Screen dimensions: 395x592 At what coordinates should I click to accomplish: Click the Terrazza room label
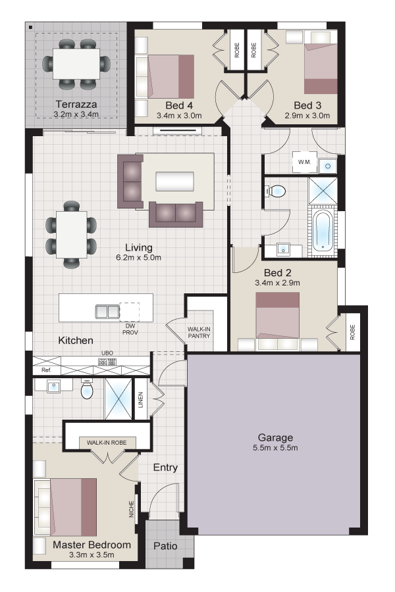click(x=76, y=104)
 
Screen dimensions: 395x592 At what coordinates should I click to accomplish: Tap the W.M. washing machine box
click(x=304, y=162)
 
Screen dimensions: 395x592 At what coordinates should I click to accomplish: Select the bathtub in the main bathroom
click(x=323, y=230)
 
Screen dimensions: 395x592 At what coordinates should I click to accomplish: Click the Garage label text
click(x=275, y=437)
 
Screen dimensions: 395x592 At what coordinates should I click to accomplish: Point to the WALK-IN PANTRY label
click(x=199, y=333)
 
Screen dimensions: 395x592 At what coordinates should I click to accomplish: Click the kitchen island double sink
click(x=107, y=312)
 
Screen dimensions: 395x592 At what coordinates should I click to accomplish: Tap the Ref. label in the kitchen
click(x=46, y=370)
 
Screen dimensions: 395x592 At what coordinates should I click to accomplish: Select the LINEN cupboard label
click(x=141, y=399)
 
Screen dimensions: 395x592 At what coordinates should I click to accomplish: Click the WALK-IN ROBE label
click(x=107, y=443)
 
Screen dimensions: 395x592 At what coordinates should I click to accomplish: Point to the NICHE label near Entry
click(x=132, y=509)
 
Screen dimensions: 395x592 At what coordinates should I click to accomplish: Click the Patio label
click(x=165, y=546)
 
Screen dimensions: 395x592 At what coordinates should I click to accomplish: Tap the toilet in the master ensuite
click(x=87, y=389)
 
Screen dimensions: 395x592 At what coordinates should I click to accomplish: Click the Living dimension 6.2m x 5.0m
click(x=139, y=257)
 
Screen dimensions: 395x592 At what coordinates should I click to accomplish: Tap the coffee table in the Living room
click(x=175, y=182)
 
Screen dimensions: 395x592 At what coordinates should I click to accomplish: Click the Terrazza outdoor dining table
click(x=76, y=63)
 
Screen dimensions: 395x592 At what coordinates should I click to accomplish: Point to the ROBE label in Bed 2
click(x=353, y=332)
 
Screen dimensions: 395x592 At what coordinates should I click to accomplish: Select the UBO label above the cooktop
click(x=107, y=353)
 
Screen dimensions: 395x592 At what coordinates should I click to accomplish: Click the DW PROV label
click(x=130, y=330)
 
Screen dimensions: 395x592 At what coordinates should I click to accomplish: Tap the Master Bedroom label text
click(x=92, y=545)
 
